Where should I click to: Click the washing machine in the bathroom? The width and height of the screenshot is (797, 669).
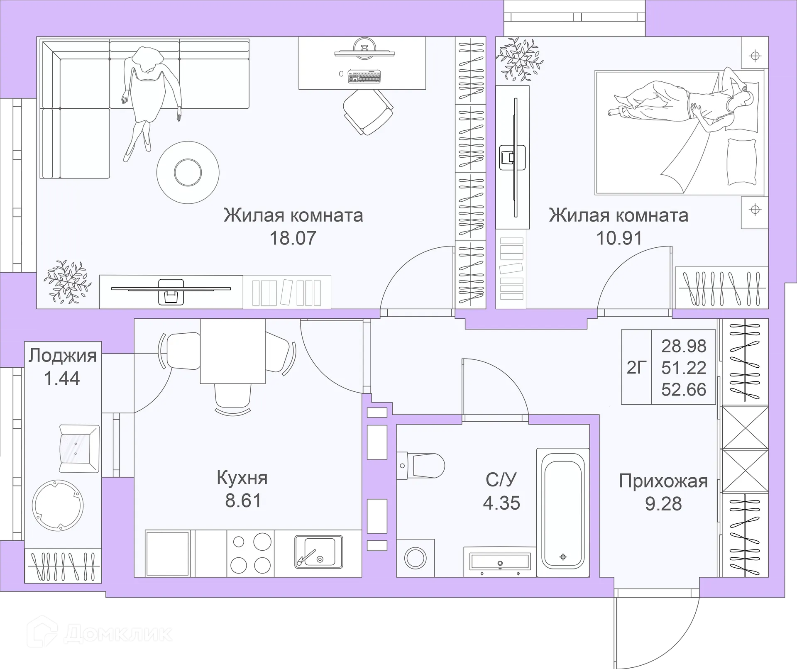click(415, 558)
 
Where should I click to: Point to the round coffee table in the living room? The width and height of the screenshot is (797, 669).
click(188, 172)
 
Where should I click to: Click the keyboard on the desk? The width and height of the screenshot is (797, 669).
click(365, 76)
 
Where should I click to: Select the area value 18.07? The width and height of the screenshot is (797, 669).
click(293, 238)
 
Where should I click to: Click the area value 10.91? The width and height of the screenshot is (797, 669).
click(619, 238)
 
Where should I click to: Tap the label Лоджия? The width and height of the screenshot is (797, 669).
click(63, 356)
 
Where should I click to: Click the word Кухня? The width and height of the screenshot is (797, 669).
click(242, 478)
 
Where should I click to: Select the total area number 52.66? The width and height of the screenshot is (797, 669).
click(683, 390)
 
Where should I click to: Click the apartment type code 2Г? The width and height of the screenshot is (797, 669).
click(636, 368)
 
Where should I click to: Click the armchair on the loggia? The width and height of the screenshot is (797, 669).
click(79, 448)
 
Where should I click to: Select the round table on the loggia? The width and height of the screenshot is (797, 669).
click(58, 505)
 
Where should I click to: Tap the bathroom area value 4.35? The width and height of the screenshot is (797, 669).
click(501, 503)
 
